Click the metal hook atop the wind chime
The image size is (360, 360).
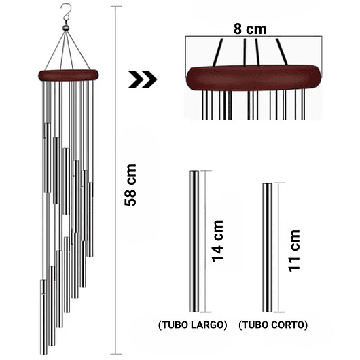click(x=65, y=12)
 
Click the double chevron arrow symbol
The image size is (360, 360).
click(x=143, y=79)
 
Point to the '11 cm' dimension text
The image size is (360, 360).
click(x=294, y=251)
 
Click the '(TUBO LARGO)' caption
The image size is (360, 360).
click(x=192, y=325)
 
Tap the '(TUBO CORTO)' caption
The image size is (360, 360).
click(x=274, y=325)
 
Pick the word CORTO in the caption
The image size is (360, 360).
click(x=289, y=325)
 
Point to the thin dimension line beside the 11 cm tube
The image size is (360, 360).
click(x=277, y=249)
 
